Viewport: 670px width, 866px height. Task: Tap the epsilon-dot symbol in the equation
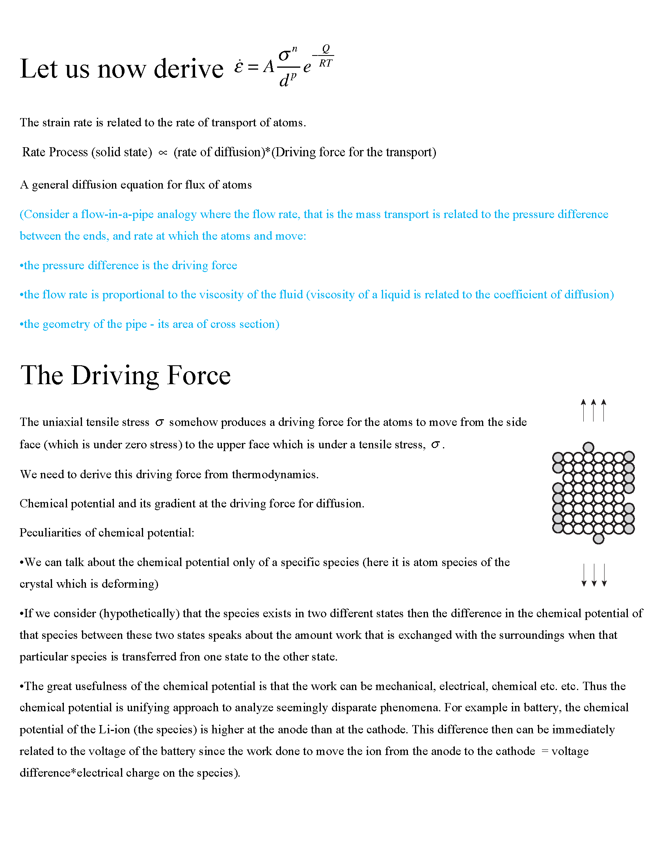point(238,67)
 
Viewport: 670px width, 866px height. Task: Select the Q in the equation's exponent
point(326,49)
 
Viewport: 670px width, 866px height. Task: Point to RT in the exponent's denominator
point(326,63)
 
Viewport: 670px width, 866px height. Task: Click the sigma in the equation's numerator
point(284,55)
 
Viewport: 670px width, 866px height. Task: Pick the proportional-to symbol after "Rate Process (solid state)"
point(163,153)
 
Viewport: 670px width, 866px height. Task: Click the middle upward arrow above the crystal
point(594,411)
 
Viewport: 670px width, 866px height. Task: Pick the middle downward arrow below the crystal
point(594,575)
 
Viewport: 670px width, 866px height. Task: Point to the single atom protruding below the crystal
point(598,538)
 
